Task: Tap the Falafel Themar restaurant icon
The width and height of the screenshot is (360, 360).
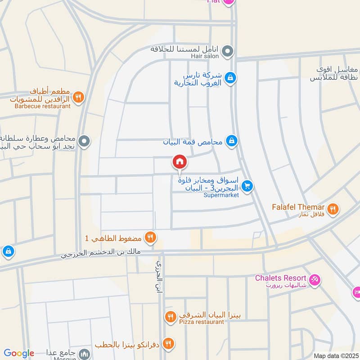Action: coord(333,208)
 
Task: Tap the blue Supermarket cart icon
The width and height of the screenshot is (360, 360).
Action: coord(246,185)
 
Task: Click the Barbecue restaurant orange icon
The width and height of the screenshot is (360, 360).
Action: coord(78,97)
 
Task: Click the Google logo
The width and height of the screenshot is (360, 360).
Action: coord(19,353)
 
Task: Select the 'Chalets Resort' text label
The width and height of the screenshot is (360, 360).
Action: coord(280,278)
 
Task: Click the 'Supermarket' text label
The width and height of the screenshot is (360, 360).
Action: coord(221,195)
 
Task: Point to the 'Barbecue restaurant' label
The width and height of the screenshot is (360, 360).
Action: coord(42,106)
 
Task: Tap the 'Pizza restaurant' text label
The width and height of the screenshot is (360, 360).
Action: coord(201,322)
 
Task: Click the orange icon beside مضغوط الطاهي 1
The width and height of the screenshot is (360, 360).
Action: coord(150,237)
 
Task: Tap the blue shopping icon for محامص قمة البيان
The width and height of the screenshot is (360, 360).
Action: coord(231,141)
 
